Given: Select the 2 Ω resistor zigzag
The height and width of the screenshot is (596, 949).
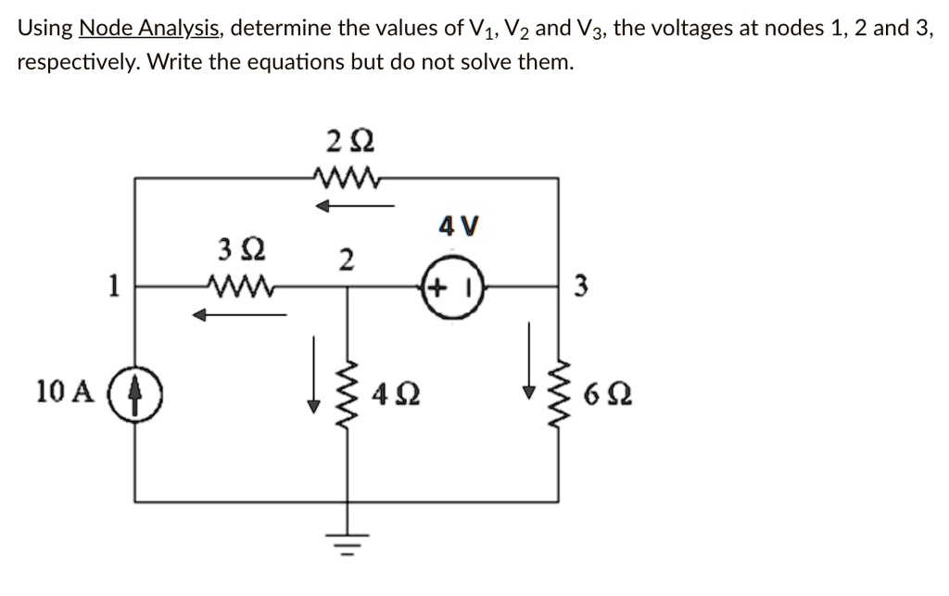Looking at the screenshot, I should pos(346,177).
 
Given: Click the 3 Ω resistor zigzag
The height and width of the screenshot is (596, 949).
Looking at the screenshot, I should pos(239,286).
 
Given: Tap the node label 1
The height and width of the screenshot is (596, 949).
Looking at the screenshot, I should pos(112,286).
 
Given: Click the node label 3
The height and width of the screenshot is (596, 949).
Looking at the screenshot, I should pos(580,287).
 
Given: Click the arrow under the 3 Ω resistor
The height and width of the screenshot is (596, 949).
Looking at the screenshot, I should pos(238,316).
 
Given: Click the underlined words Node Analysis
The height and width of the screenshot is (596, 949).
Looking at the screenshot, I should pos(150,28).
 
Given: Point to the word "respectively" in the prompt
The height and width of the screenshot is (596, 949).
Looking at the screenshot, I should pos(77,63).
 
